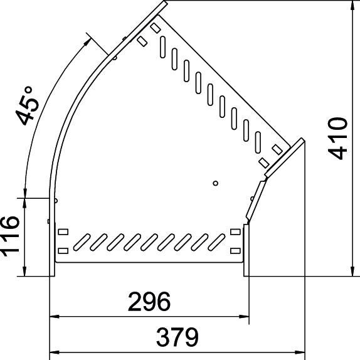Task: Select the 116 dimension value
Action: tap(11, 236)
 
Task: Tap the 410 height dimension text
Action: tap(339, 138)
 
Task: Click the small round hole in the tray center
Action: tap(215, 183)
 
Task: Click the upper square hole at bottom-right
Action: tap(235, 233)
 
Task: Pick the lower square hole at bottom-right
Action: tap(235, 250)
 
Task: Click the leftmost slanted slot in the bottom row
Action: tap(81, 241)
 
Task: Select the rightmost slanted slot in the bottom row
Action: tap(216, 241)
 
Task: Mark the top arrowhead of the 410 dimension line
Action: tap(349, 6)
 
